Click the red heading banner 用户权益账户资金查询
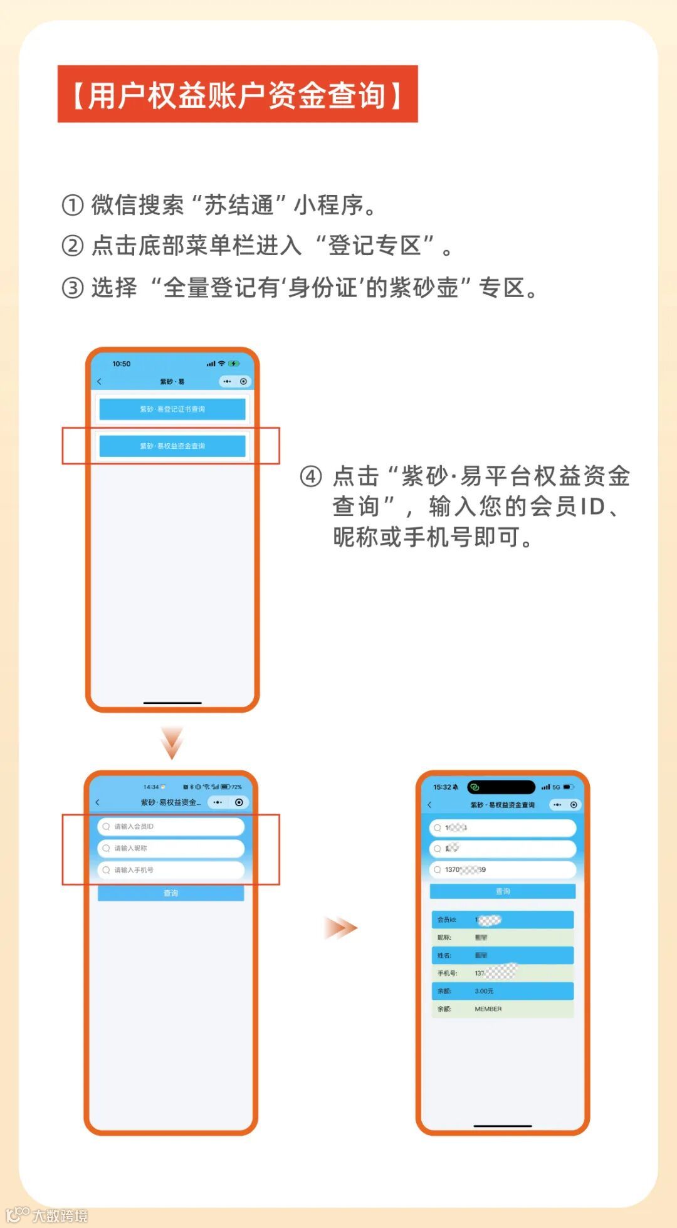[x=237, y=94]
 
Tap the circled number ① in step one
[x=72, y=205]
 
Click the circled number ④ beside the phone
[x=311, y=476]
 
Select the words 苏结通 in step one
[x=238, y=205]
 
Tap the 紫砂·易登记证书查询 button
[x=172, y=409]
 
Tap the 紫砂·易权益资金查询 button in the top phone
[x=172, y=446]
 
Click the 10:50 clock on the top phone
[x=121, y=364]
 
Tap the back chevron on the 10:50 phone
[x=99, y=381]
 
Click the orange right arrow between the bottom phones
[x=340, y=928]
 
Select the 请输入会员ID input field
[x=171, y=826]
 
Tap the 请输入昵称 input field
[x=171, y=848]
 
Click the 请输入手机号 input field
[x=171, y=870]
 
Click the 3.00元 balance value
[x=484, y=991]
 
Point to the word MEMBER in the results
[x=488, y=1009]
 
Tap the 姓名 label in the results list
[x=444, y=955]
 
